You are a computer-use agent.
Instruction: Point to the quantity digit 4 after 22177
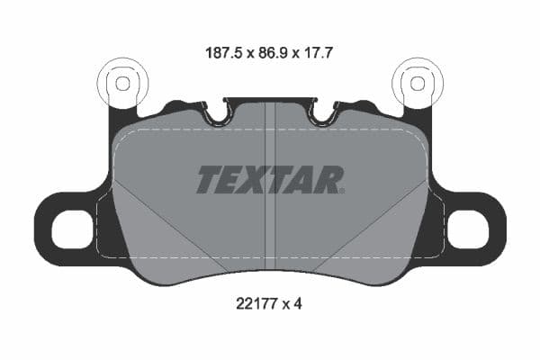click(298, 304)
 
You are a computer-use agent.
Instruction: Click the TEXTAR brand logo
click(269, 179)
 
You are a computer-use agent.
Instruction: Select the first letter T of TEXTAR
click(209, 179)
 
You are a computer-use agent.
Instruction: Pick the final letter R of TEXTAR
click(329, 179)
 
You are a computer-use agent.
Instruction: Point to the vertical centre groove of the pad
click(270, 225)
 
